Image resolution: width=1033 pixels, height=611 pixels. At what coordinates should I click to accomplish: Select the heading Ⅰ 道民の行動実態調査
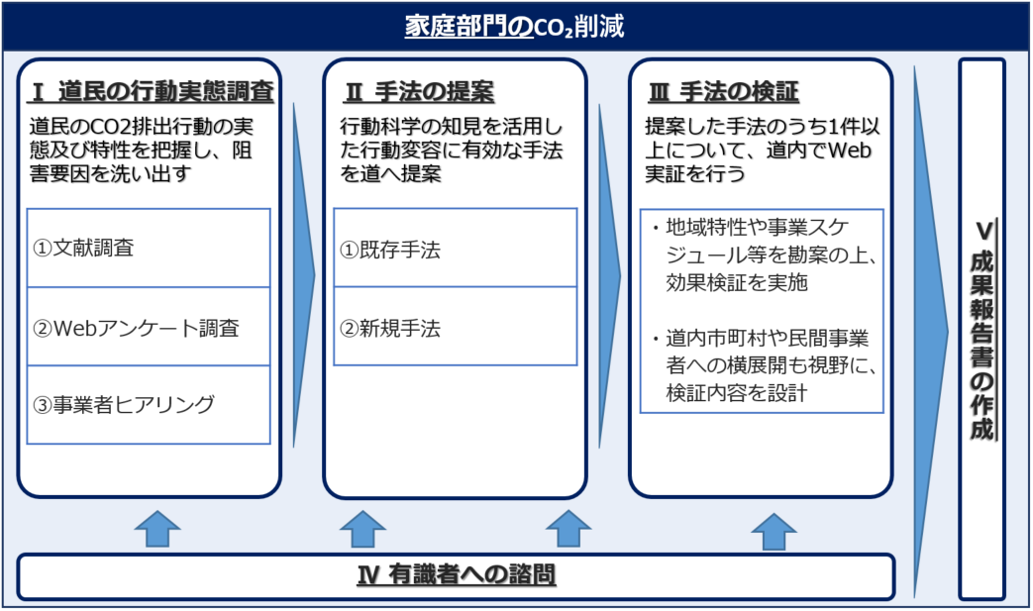(x=151, y=93)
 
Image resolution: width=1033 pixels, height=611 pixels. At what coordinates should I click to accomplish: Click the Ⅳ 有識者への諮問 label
(x=456, y=575)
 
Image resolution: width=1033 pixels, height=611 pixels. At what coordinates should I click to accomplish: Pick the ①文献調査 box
(x=149, y=248)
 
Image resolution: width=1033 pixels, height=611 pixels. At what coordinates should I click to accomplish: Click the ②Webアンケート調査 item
(x=149, y=327)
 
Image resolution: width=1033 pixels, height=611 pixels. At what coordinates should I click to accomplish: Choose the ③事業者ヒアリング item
(x=149, y=404)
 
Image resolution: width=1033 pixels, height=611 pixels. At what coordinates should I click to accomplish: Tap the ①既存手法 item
(x=455, y=249)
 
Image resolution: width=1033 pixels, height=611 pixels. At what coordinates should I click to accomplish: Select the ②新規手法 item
(x=455, y=327)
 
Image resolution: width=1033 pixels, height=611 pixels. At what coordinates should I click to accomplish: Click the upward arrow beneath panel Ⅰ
(x=157, y=529)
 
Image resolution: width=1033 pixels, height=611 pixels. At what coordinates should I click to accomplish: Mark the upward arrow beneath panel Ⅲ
(x=774, y=531)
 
